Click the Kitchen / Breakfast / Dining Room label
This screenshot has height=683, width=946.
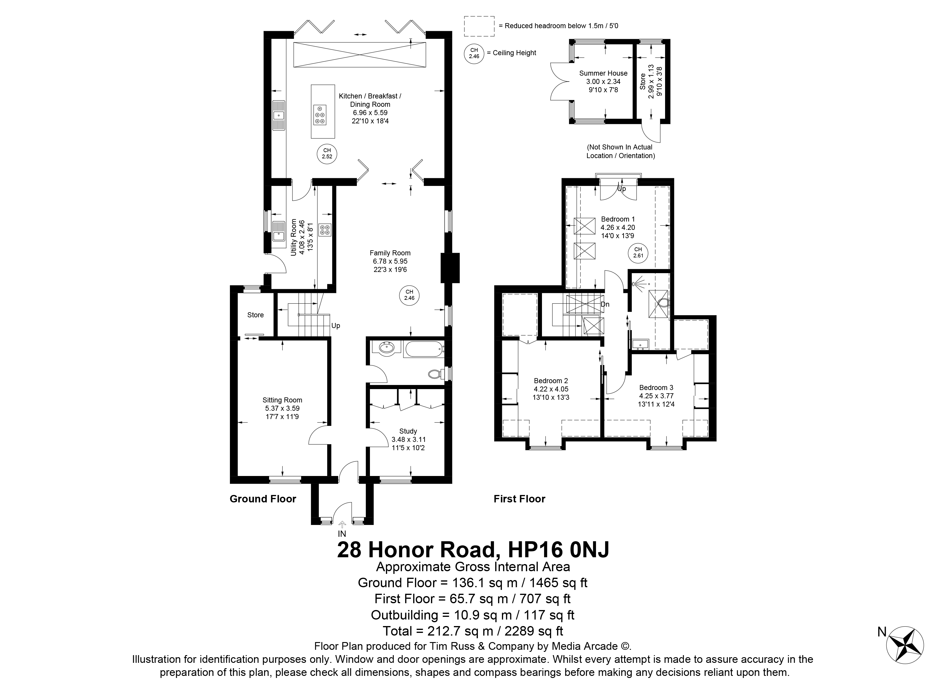tap(370, 109)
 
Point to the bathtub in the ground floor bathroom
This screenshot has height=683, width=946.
tap(423, 349)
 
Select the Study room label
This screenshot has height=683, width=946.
tap(408, 440)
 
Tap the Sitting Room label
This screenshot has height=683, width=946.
tap(282, 408)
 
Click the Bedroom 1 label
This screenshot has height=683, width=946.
tap(618, 227)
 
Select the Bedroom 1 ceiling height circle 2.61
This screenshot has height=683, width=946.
tap(638, 253)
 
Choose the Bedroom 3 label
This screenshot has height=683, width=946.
tap(656, 396)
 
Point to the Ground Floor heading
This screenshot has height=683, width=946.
tap(263, 499)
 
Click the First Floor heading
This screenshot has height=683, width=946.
tap(519, 499)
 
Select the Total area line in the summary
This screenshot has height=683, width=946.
tap(473, 631)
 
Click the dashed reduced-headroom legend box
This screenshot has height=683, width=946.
tap(479, 26)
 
